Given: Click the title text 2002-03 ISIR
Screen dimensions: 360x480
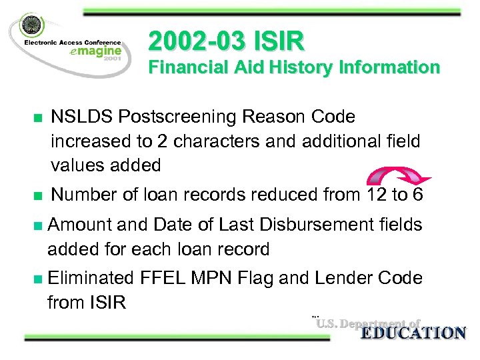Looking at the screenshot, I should pyautogui.click(x=226, y=42).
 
